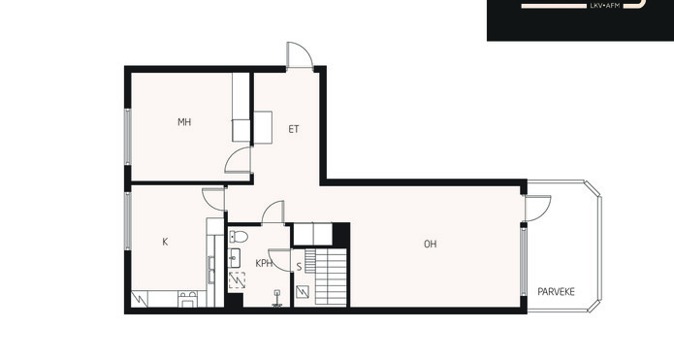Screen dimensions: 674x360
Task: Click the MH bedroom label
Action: (184, 122)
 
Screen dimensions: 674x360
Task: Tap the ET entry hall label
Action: (294, 129)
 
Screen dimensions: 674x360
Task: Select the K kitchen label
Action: (165, 243)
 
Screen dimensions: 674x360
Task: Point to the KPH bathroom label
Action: (264, 263)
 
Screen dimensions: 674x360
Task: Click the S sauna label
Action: (299, 267)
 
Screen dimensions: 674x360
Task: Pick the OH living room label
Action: (431, 245)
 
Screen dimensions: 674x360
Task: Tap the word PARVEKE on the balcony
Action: (557, 292)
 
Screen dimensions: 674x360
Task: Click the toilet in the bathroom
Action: (239, 236)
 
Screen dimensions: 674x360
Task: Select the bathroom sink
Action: (234, 258)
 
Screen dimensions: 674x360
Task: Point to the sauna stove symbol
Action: (303, 292)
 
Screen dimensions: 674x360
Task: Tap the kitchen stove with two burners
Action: (188, 299)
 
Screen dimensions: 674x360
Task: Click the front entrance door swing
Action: (299, 54)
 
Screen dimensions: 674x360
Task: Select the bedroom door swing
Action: (238, 159)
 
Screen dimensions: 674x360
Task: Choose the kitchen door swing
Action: (213, 200)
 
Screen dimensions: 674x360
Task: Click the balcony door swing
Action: (538, 209)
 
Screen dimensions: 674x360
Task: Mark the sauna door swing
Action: (280, 260)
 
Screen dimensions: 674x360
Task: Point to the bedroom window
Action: (128, 137)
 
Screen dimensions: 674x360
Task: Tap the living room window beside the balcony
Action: (523, 262)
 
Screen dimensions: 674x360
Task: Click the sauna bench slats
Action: (326, 277)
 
